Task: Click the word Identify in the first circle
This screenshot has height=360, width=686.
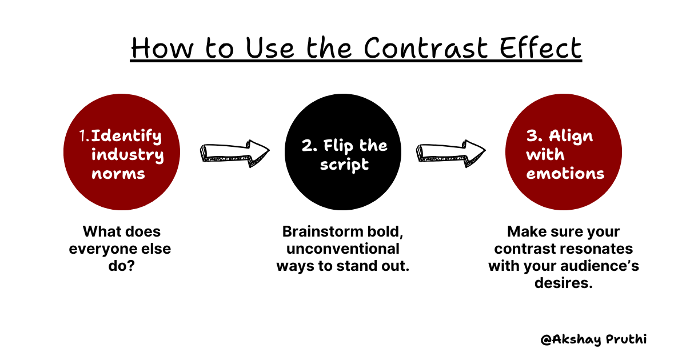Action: point(126,136)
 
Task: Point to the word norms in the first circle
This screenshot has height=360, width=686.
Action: point(118,173)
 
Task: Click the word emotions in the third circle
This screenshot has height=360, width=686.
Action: point(565,173)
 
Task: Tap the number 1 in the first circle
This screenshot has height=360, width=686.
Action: point(83,137)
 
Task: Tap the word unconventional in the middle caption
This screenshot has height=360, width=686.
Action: point(343,249)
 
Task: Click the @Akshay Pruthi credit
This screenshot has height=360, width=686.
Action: point(594,339)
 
